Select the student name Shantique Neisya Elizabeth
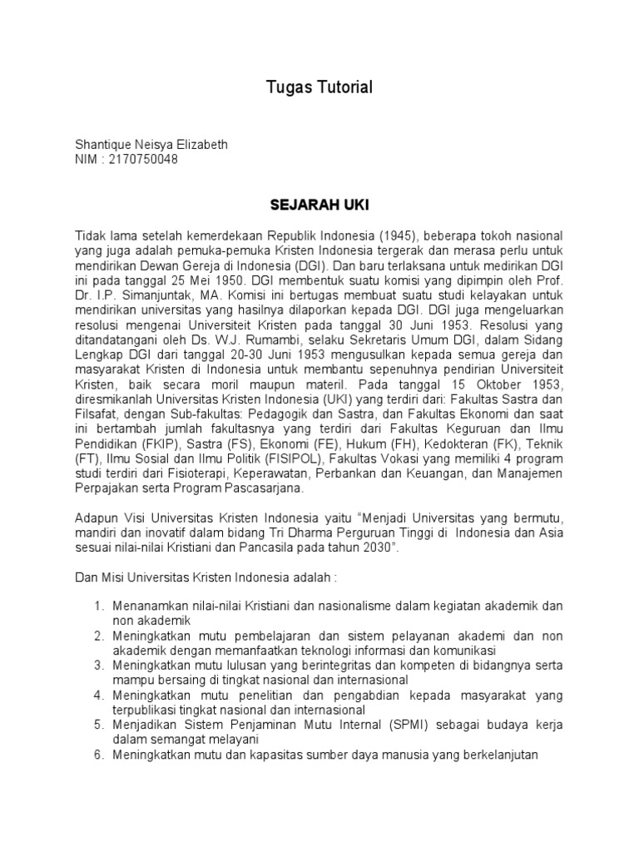(151, 145)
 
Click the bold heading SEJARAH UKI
(319, 204)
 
